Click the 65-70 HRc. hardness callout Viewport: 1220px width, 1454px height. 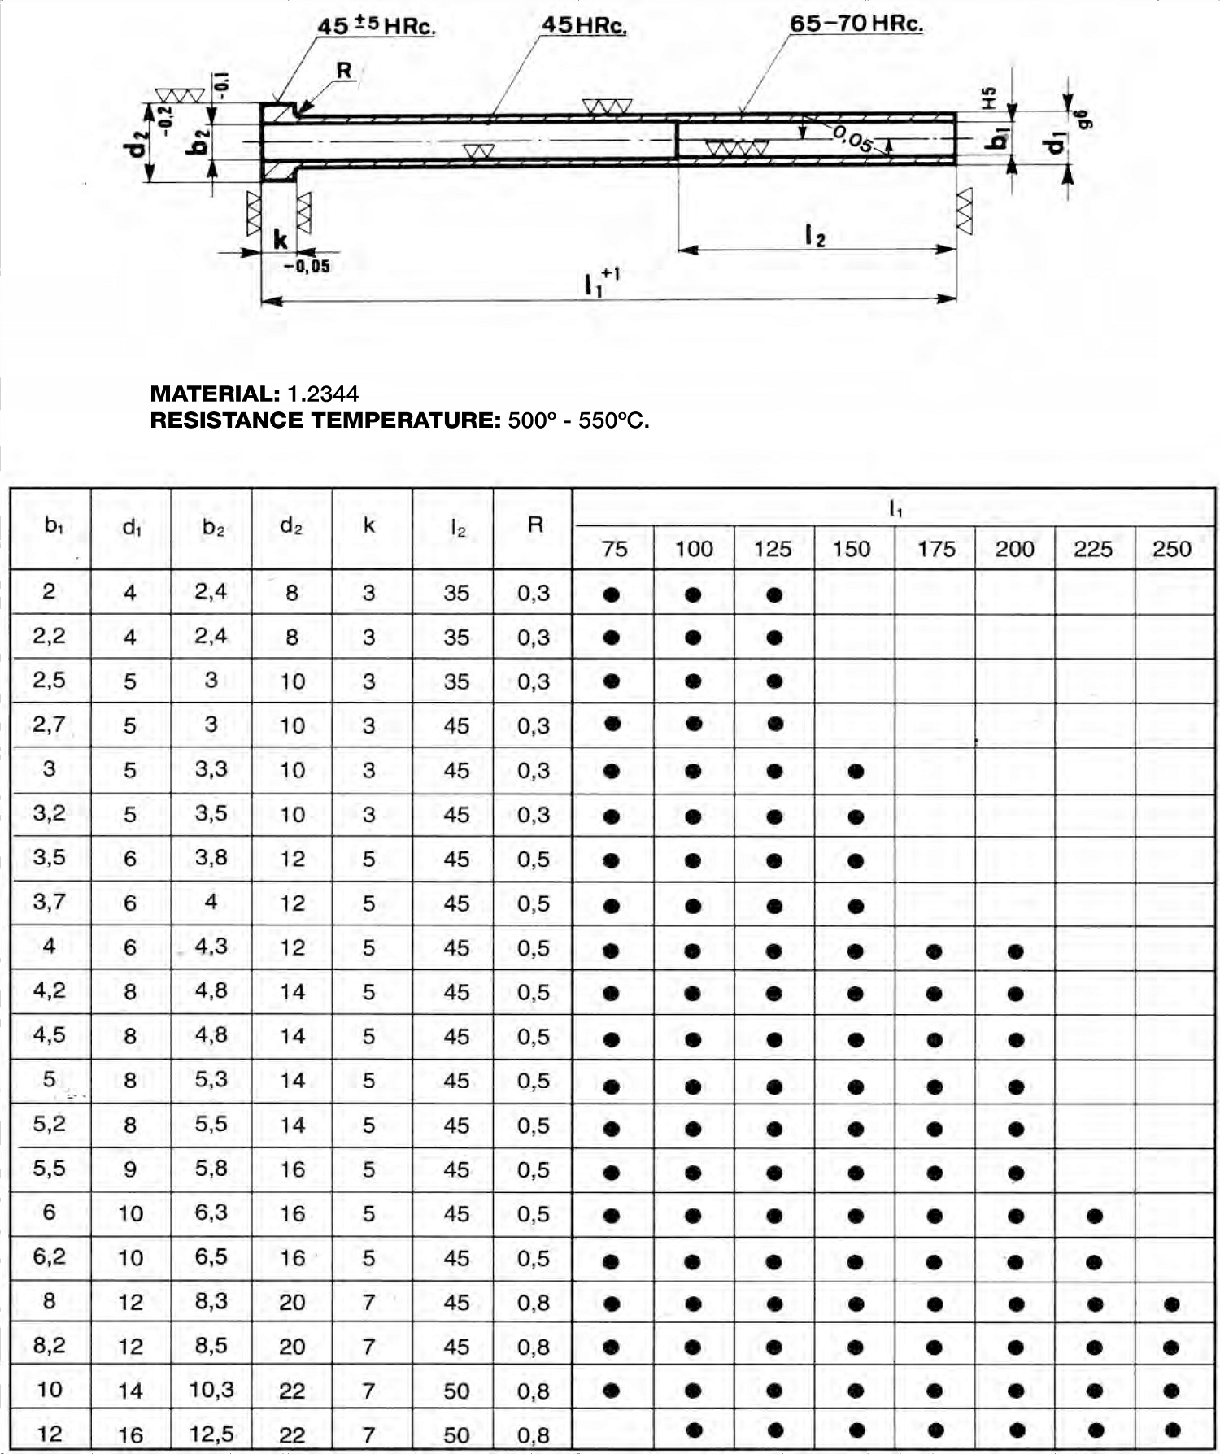(x=856, y=24)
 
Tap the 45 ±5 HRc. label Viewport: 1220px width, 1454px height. (x=376, y=26)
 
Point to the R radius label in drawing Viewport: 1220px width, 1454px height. (x=344, y=71)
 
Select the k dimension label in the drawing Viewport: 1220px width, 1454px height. (x=281, y=239)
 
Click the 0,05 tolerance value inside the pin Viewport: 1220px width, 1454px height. (x=852, y=140)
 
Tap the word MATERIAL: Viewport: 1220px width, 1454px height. (x=215, y=394)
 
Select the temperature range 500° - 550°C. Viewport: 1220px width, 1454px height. (x=578, y=420)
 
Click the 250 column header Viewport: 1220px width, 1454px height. (x=1171, y=549)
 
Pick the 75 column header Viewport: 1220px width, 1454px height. (x=614, y=549)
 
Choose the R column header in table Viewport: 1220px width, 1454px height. (x=534, y=525)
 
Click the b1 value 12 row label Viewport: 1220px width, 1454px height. (x=50, y=1433)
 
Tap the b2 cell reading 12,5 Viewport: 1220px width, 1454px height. (x=211, y=1434)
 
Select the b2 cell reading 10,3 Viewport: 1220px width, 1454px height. (x=211, y=1389)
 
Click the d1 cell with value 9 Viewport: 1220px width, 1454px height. (x=130, y=1169)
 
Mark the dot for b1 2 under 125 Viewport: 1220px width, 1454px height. (x=774, y=594)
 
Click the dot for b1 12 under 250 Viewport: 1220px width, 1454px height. (x=1172, y=1429)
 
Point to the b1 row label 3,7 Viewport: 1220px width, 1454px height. (x=50, y=902)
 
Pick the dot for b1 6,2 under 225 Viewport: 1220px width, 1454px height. (x=1094, y=1262)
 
